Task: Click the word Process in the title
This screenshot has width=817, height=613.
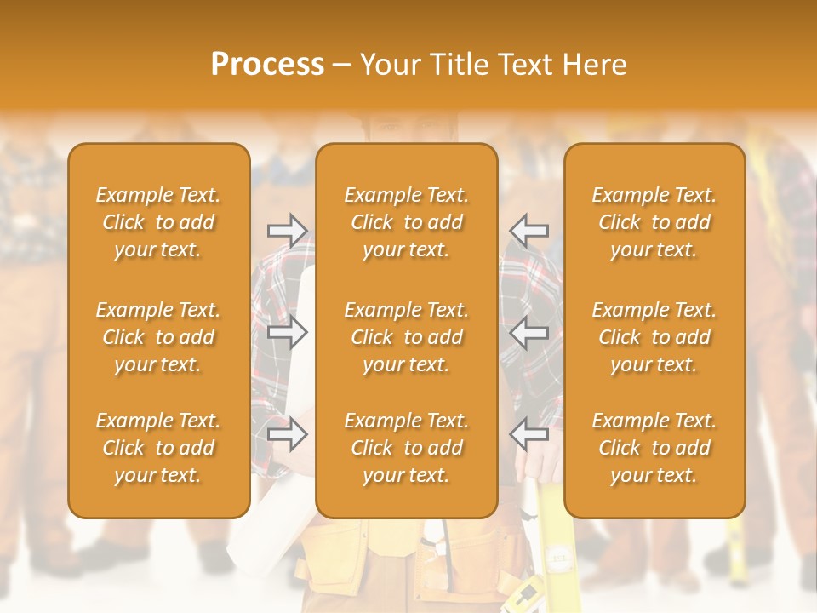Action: (x=267, y=65)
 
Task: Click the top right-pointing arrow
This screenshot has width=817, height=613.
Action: (x=287, y=230)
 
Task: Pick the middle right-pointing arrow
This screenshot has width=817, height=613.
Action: (x=287, y=332)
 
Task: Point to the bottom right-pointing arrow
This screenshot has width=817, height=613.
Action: (x=287, y=435)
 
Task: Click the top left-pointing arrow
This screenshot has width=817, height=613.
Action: (x=528, y=230)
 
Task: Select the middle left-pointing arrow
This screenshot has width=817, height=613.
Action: (x=528, y=332)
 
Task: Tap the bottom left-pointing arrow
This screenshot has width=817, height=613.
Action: (x=528, y=435)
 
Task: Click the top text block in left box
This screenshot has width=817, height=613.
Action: (x=158, y=222)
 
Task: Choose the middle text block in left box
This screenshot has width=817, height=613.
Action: (x=158, y=337)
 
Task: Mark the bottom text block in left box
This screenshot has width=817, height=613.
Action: (x=158, y=448)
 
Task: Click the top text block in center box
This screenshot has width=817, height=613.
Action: (x=407, y=222)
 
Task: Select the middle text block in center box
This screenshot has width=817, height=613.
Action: (x=407, y=337)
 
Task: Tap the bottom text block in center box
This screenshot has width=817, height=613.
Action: (x=407, y=448)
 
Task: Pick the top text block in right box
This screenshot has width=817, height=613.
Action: (x=654, y=222)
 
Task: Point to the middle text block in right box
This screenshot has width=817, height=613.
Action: (x=654, y=337)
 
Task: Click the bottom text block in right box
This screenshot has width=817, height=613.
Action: (x=654, y=448)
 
